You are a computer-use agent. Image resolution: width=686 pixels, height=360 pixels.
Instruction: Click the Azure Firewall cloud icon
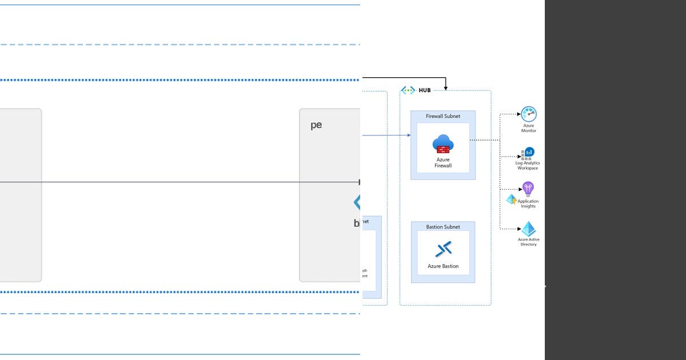[x=443, y=144]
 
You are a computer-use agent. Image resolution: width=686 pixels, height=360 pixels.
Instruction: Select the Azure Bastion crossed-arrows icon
[x=443, y=249]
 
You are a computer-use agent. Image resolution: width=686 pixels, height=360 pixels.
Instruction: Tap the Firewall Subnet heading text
[x=443, y=116]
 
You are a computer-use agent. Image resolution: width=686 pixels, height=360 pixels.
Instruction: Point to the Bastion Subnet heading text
[x=443, y=227]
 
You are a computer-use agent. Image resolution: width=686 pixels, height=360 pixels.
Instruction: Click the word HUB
[x=425, y=90]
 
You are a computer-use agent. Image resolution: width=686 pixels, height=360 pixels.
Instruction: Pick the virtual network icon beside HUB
[x=408, y=90]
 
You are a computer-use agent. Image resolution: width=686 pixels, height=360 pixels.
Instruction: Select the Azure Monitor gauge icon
[x=529, y=114]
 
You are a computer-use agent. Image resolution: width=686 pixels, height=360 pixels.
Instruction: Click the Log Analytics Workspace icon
[x=528, y=153]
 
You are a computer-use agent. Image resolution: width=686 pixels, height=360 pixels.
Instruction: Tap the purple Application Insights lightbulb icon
[x=528, y=189]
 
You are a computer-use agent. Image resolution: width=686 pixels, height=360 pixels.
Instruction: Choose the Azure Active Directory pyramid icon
[x=528, y=229]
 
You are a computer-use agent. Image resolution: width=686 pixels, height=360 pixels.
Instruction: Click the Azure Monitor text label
[x=529, y=128]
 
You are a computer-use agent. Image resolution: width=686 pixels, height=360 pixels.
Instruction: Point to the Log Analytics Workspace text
[x=528, y=166]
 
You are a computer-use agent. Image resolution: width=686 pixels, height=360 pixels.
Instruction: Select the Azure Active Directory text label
[x=528, y=242]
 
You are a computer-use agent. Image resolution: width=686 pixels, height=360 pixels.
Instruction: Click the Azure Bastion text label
[x=443, y=266]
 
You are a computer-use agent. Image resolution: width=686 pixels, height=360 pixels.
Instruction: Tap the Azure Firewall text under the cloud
[x=443, y=163]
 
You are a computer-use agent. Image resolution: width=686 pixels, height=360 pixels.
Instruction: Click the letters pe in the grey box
[x=316, y=125]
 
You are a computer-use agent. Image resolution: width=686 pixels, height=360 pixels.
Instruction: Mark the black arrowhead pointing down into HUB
[x=445, y=88]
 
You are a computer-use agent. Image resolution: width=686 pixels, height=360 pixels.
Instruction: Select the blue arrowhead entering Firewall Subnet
[x=408, y=135]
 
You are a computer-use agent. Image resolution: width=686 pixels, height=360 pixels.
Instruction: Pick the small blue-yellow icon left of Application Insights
[x=511, y=199]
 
